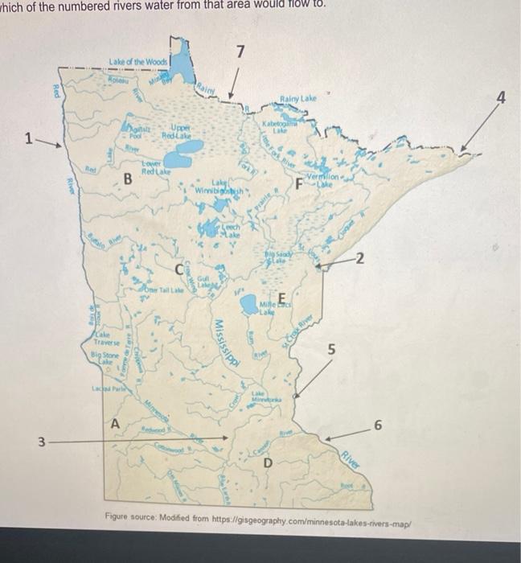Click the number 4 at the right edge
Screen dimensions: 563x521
click(x=502, y=98)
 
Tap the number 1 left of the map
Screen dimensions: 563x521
click(x=28, y=138)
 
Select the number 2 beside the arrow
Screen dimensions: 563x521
click(x=360, y=257)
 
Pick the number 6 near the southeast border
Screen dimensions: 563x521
click(x=378, y=425)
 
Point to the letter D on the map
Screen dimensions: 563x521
click(x=268, y=463)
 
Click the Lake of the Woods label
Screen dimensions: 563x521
click(x=138, y=61)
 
